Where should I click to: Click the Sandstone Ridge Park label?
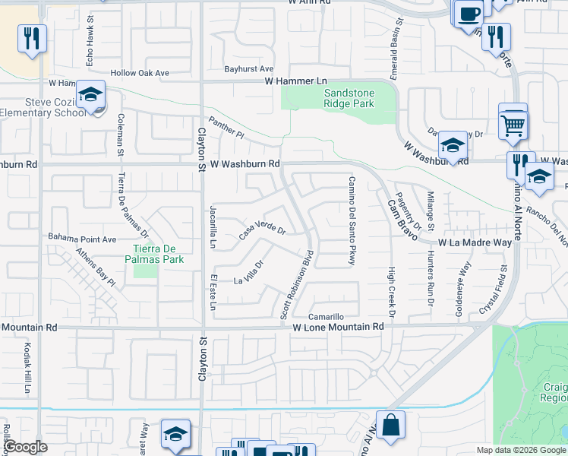[x=339, y=97]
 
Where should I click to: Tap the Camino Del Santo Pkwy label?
[x=352, y=221]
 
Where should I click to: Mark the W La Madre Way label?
[x=475, y=242]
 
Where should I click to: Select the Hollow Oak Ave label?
[x=139, y=73]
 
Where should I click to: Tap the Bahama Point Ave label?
[x=82, y=237]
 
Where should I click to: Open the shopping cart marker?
[x=514, y=124]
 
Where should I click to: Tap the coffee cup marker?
[x=469, y=13]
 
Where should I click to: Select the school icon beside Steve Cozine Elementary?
[x=90, y=97]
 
